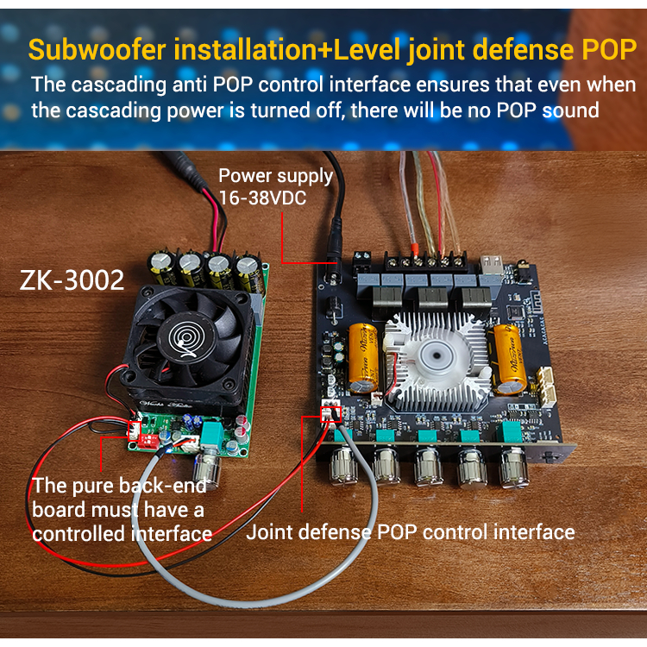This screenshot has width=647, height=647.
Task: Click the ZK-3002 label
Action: pos(72,280)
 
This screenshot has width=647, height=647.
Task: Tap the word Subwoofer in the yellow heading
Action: pos(97,49)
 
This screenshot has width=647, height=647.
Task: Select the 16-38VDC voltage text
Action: pos(262,198)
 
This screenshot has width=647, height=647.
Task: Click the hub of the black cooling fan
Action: pos(186,338)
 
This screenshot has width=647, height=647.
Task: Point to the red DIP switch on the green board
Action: pos(147,441)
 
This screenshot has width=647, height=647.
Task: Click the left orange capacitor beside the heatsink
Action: pos(362,358)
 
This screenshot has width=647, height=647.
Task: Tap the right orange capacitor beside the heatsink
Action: pos(509,359)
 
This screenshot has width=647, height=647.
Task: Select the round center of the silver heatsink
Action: pos(437,355)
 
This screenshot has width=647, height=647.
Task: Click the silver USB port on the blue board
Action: pos(492,265)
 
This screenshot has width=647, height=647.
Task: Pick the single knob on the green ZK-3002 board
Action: pos(207,468)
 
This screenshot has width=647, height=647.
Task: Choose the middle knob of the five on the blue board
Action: pos(428,466)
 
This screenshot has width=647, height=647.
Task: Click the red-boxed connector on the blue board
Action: pos(331,414)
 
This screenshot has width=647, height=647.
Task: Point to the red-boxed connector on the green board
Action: pos(134,431)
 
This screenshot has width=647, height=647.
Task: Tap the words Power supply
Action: pos(276,176)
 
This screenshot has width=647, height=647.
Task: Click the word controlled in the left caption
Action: pos(79,534)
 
